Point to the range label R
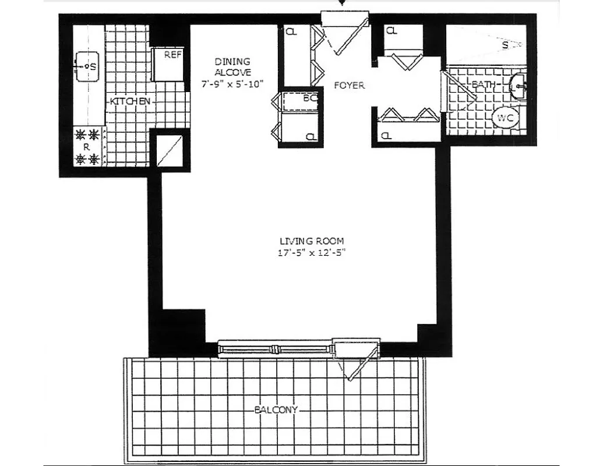click(86, 147)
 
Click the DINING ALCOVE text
click(232, 66)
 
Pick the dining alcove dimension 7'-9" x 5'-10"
click(232, 83)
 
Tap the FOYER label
click(349, 85)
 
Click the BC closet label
click(309, 98)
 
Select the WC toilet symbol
click(505, 118)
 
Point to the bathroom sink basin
click(518, 87)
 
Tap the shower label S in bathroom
click(505, 44)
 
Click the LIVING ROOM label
click(311, 241)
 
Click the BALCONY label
click(276, 409)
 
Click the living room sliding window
click(274, 349)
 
